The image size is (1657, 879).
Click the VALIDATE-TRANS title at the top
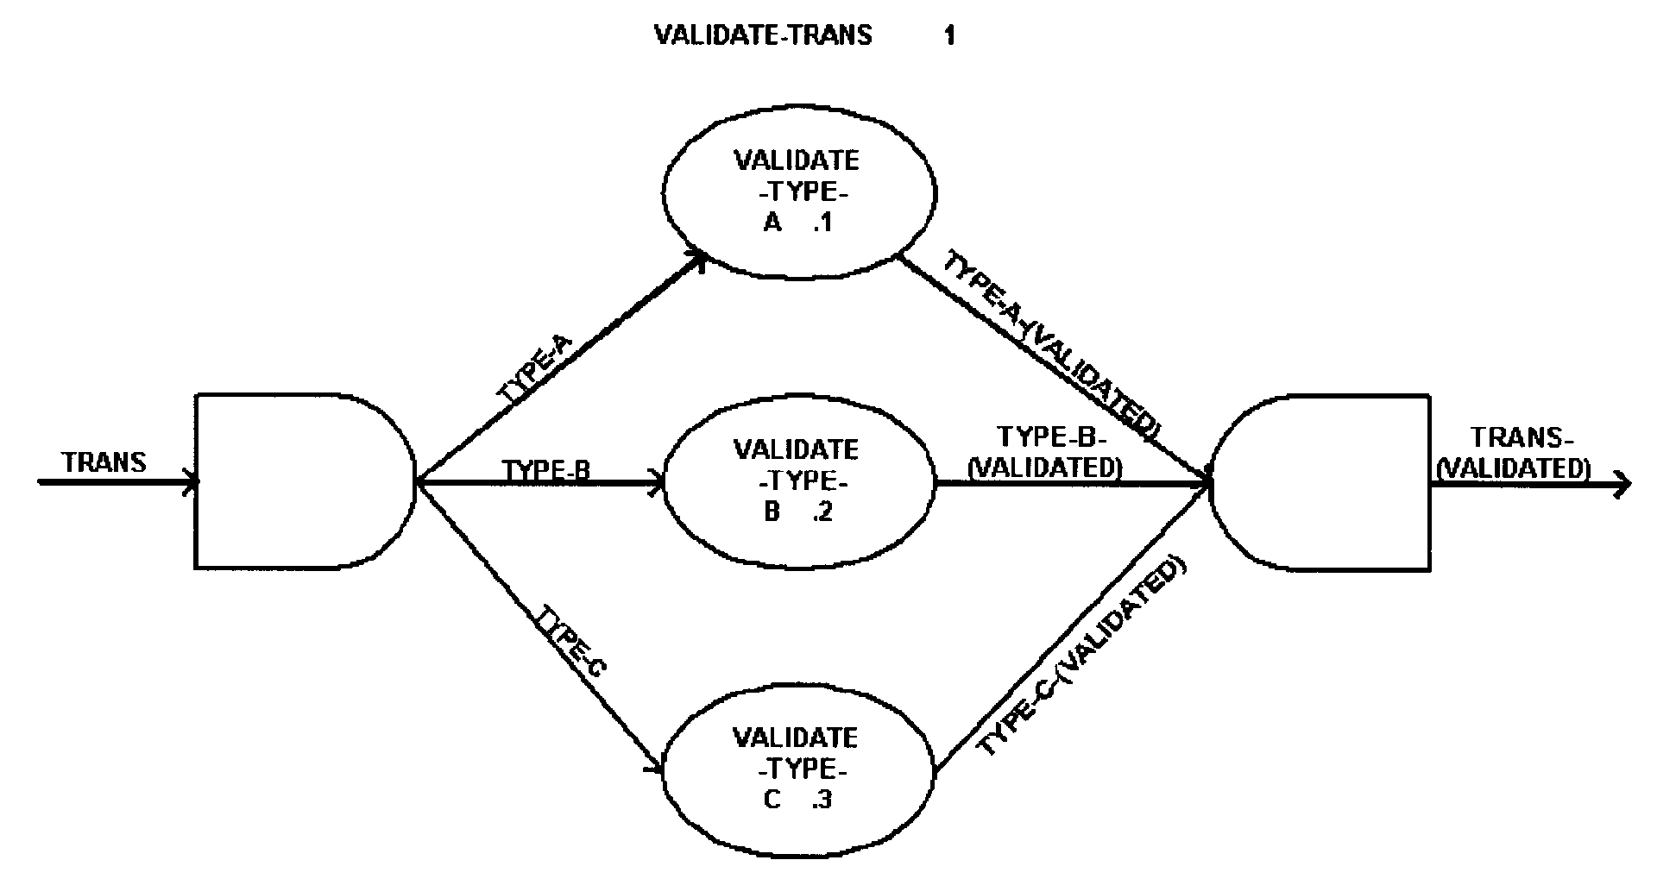coord(763,35)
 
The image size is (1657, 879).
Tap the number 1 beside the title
coord(949,36)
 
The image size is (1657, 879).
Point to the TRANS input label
coord(104,462)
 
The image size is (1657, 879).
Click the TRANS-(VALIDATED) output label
coord(1516,453)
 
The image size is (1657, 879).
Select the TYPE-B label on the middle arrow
coord(546,470)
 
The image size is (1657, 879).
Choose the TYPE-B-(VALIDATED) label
coord(1045,451)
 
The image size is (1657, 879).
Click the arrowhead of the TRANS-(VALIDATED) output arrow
coord(1622,485)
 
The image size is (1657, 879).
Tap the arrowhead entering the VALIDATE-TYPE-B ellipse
coord(657,482)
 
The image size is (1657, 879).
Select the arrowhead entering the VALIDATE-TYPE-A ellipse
coord(699,258)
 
